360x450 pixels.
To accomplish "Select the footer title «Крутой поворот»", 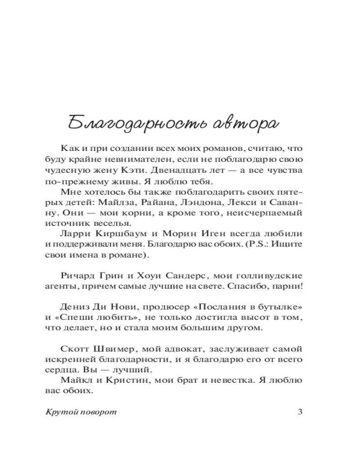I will [x=81, y=412].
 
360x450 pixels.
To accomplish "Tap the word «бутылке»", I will [x=279, y=307].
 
